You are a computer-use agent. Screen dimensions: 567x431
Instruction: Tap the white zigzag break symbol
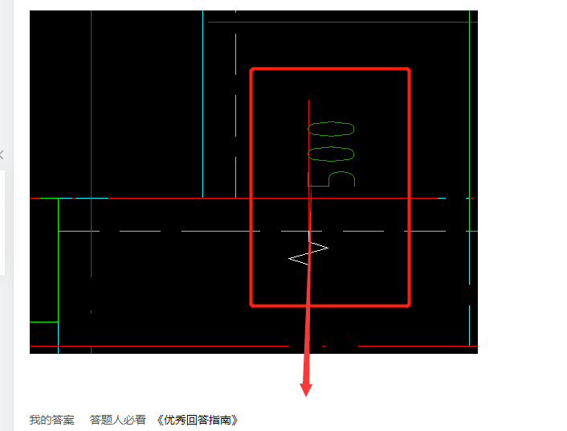point(308,252)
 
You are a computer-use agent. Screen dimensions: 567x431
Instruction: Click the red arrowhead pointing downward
point(306,390)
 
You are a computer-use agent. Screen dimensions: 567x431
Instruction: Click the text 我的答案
point(51,420)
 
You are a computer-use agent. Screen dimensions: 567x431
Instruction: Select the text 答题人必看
point(118,420)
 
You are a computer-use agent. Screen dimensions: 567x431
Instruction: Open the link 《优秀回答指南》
point(197,420)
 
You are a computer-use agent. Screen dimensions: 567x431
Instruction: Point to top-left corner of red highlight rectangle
point(251,69)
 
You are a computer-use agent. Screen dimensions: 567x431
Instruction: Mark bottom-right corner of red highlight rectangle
point(410,306)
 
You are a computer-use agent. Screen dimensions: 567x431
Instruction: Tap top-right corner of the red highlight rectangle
point(410,69)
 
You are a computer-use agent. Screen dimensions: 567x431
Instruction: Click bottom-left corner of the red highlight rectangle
point(251,306)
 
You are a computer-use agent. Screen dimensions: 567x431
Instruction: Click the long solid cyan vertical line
point(203,105)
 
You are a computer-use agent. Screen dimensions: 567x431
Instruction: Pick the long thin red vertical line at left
point(91,144)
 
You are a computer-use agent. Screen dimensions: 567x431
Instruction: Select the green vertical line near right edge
point(469,121)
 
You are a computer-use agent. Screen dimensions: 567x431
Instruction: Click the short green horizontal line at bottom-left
point(43,322)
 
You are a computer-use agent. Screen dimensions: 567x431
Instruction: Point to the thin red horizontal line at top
point(343,22)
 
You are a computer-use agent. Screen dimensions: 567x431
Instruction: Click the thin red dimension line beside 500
point(309,149)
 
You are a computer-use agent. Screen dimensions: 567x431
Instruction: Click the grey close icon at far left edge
point(2,155)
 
